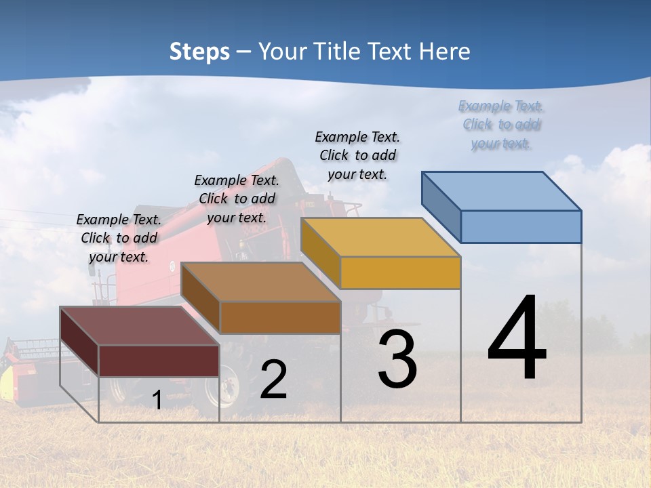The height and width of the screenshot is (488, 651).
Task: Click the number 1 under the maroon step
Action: [157, 401]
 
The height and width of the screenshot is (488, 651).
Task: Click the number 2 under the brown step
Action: [273, 380]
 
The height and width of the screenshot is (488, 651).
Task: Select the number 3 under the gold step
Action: [397, 359]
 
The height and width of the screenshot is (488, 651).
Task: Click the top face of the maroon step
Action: [140, 326]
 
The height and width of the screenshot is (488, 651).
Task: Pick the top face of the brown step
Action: [260, 282]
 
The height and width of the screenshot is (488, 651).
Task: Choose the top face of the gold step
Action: [380, 237]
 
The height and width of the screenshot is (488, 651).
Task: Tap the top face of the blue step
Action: [501, 191]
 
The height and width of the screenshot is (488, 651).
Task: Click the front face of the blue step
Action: [521, 226]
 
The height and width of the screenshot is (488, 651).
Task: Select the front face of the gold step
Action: [400, 272]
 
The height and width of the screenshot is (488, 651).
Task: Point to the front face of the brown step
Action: [280, 317]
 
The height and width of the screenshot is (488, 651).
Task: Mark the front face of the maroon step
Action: [159, 361]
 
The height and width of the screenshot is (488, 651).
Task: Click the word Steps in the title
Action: [199, 52]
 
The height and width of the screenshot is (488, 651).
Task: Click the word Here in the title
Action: [445, 52]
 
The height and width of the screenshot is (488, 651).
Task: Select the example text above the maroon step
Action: [119, 238]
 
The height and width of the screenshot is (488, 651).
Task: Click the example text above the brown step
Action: [237, 199]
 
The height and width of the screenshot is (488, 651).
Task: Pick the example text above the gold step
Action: [357, 155]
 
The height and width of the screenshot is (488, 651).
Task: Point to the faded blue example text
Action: [501, 124]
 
